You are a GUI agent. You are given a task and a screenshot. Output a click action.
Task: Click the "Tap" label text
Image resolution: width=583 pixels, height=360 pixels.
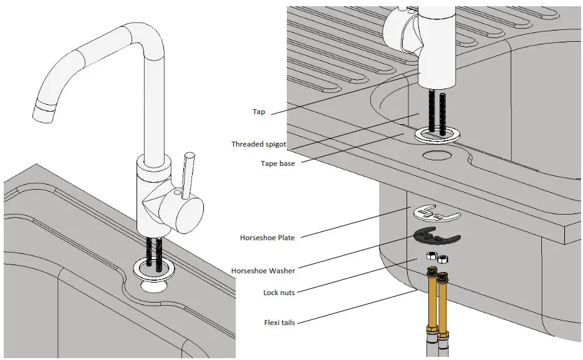click(x=259, y=112)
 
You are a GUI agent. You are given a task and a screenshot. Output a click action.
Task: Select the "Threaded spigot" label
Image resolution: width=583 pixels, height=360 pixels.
click(x=259, y=144)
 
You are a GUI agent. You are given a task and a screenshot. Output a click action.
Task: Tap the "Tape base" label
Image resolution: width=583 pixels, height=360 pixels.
click(x=277, y=163)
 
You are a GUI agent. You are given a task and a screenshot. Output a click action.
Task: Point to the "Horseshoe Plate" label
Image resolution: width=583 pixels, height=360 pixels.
click(x=267, y=238)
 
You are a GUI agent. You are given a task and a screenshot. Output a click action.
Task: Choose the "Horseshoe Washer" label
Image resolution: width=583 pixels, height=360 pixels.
click(x=263, y=271)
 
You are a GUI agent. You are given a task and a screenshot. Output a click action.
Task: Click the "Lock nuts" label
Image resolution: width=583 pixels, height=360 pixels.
click(x=279, y=293)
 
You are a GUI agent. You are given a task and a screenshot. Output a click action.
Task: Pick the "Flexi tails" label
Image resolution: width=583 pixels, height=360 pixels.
click(x=279, y=323)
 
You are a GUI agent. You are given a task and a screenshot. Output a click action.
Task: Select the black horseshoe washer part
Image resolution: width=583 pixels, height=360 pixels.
click(x=436, y=238)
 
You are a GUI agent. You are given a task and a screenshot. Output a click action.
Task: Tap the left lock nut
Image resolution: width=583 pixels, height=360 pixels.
click(x=431, y=256)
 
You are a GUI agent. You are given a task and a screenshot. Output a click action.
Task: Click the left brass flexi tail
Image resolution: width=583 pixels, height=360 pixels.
click(x=431, y=299)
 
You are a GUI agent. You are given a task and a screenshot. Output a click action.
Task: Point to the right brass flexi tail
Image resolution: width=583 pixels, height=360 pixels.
click(x=443, y=306)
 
